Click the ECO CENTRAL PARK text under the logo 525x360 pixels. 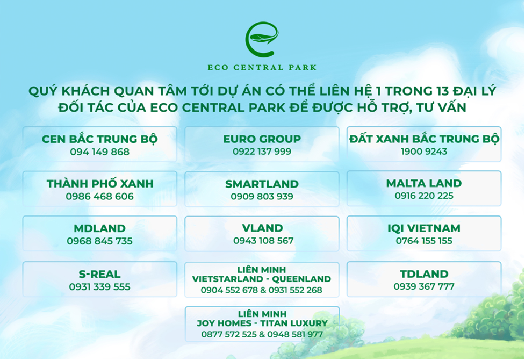tap(262, 68)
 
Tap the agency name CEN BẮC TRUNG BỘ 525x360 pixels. tap(99, 139)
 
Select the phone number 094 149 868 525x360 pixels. tap(99, 152)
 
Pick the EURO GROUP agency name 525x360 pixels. tap(262, 139)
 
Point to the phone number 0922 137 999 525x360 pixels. tap(262, 152)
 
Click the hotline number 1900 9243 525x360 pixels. tap(424, 152)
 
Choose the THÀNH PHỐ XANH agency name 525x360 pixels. tap(99, 184)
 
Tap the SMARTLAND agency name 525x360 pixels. tap(262, 184)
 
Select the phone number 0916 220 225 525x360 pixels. tap(424, 196)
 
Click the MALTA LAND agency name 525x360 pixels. tap(424, 183)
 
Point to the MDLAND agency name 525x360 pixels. tap(99, 228)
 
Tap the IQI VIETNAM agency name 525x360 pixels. tap(424, 228)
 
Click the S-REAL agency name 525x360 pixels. tap(99, 274)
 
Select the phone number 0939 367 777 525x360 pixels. tap(424, 286)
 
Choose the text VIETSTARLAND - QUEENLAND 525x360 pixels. tap(262, 279)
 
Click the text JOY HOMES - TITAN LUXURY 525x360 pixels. tap(262, 323)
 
